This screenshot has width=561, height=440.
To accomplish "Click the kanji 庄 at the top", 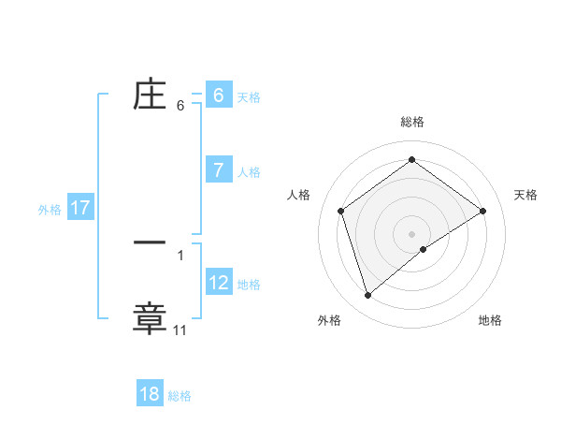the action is (x=151, y=95).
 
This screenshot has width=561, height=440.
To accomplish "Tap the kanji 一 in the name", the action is (x=151, y=242).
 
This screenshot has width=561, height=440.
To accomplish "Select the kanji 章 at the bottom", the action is (x=151, y=316).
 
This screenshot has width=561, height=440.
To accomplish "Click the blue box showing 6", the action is (x=218, y=95).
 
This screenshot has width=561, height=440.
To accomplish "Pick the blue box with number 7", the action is (x=218, y=170).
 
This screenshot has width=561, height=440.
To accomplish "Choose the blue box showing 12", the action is (x=218, y=282).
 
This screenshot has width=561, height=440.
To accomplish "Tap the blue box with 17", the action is (x=80, y=208).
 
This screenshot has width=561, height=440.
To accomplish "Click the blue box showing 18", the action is (x=150, y=394).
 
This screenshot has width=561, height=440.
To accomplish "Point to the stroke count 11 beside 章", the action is (x=180, y=330).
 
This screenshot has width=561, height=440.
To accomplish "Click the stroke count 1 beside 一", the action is (x=180, y=255).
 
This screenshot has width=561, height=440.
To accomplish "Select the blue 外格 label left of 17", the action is (x=50, y=210).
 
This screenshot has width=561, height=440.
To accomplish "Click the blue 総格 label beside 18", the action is (x=180, y=396).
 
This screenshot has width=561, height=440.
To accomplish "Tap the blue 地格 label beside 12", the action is (x=249, y=285).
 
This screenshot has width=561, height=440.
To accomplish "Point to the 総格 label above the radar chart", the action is (x=412, y=122).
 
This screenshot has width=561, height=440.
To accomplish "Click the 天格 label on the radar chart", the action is (x=525, y=195).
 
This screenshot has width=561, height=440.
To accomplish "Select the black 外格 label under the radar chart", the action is (x=329, y=321).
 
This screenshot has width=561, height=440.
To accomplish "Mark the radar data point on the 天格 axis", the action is (x=483, y=211).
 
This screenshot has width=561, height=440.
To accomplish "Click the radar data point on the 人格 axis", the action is (x=341, y=211).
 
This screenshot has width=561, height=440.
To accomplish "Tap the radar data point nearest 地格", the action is (x=424, y=249).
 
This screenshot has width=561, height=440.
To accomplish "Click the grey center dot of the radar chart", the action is (x=412, y=233).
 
